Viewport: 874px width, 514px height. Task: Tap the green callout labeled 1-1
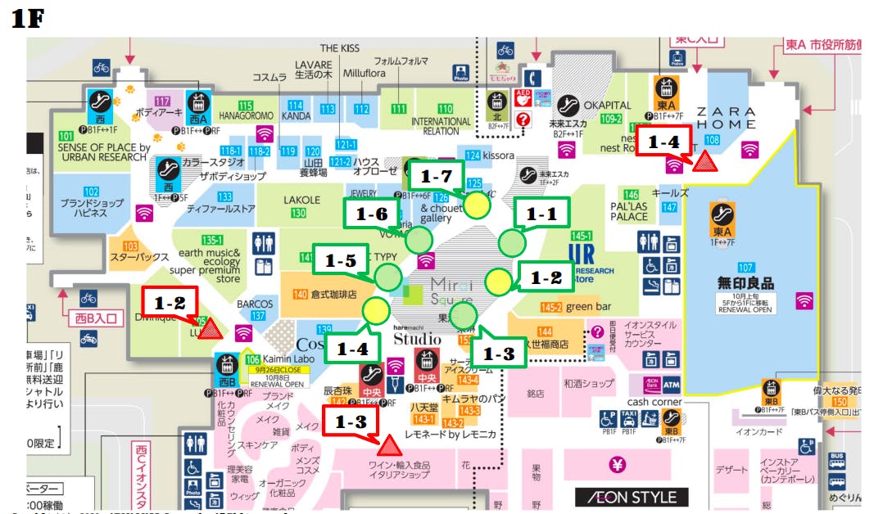click(540, 214)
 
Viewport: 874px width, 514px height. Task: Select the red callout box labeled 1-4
click(663, 142)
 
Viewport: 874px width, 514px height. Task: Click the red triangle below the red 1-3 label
click(388, 445)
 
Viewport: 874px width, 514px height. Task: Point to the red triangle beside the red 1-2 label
click(211, 329)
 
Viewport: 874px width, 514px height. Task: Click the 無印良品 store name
click(745, 283)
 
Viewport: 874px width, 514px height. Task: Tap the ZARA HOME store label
click(725, 117)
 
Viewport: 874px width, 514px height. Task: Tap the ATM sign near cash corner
click(671, 384)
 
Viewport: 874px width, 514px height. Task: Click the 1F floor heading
click(27, 19)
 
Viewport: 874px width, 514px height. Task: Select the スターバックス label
click(140, 257)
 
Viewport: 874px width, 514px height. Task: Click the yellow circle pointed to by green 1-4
click(376, 311)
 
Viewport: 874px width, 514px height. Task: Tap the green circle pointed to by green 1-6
click(419, 240)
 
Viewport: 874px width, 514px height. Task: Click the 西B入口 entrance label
click(97, 318)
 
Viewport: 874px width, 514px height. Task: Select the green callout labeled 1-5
click(340, 261)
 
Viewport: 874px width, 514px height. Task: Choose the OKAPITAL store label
click(607, 106)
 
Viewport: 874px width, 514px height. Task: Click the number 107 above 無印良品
click(745, 268)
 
